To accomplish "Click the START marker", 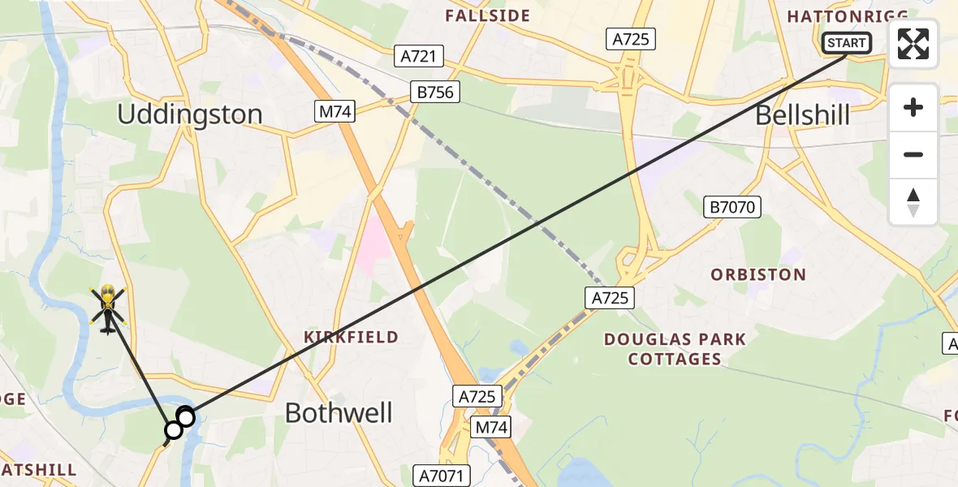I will pyautogui.click(x=847, y=43).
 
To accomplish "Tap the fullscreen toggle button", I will pyautogui.click(x=913, y=44).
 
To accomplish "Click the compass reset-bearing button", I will pyautogui.click(x=913, y=202).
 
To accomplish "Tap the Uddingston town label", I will pyautogui.click(x=190, y=114).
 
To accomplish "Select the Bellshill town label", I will pyautogui.click(x=802, y=115).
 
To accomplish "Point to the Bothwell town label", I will pyautogui.click(x=339, y=413).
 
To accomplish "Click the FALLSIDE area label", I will pyautogui.click(x=487, y=15).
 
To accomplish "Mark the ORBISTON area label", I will pyautogui.click(x=758, y=274).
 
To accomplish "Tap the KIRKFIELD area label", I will pyautogui.click(x=351, y=336).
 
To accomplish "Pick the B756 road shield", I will pyautogui.click(x=434, y=93).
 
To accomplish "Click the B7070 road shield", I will pyautogui.click(x=732, y=208).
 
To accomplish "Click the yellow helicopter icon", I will pyautogui.click(x=107, y=308).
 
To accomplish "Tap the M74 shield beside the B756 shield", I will pyautogui.click(x=335, y=112).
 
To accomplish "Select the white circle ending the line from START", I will pyautogui.click(x=186, y=418).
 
